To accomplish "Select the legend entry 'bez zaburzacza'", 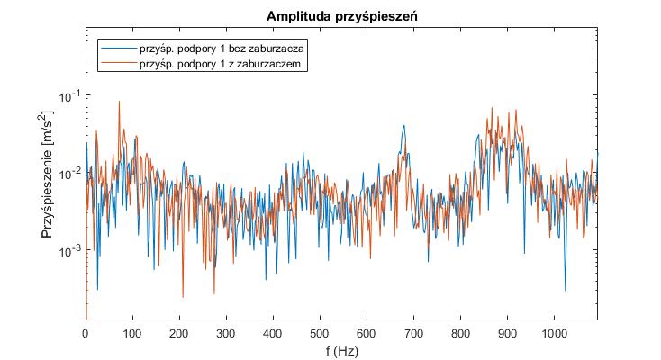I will pos(222,48).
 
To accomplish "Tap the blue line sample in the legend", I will pos(118,48).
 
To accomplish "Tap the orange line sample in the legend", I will pos(118,65).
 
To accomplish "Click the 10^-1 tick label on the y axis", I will pos(69,95).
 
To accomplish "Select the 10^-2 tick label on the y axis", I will pos(69,173).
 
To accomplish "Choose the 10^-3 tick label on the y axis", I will pos(69,250).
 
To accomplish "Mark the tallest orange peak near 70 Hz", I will pos(119,102).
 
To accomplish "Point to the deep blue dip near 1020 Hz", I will pos(566,290).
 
